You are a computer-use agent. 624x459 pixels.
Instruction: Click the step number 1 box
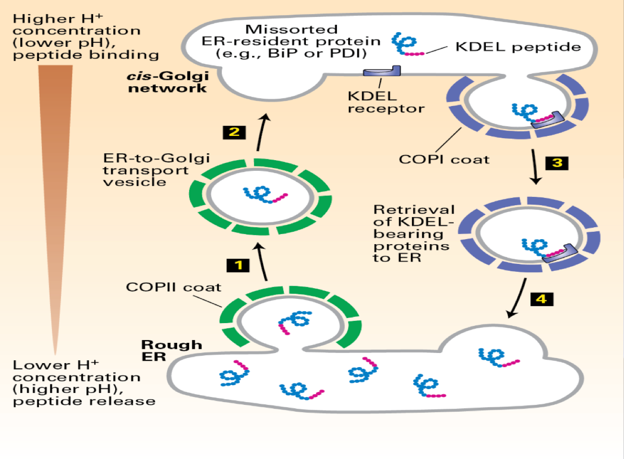click(x=238, y=265)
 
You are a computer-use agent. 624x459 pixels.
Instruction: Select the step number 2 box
click(x=234, y=132)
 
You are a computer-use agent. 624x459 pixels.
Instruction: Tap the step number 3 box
click(x=557, y=163)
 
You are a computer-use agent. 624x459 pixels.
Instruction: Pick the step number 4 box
click(x=542, y=299)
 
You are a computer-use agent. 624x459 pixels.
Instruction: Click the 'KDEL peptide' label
click(x=518, y=47)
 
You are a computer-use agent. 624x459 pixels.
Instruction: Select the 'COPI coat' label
click(x=444, y=160)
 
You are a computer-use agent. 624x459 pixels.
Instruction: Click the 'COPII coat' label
click(x=173, y=287)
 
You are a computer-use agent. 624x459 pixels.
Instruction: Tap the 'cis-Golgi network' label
click(x=168, y=82)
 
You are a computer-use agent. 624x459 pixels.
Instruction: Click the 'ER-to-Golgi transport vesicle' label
click(x=156, y=170)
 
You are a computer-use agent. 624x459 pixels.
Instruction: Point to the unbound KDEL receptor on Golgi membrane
click(x=382, y=71)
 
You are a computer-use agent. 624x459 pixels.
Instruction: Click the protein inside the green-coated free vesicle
click(x=264, y=195)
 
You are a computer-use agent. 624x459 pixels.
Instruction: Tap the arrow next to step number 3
click(x=534, y=166)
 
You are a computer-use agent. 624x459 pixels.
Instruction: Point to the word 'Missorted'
click(x=292, y=29)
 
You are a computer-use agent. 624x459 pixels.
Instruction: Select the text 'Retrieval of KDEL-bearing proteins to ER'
click(x=412, y=234)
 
